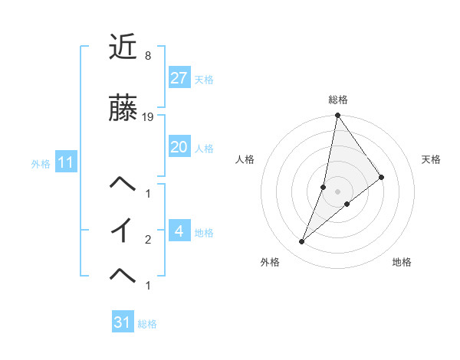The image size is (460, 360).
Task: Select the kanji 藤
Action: pos(123,108)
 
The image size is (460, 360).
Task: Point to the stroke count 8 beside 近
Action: pos(147,56)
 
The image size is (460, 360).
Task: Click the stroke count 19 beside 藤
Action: pos(148,117)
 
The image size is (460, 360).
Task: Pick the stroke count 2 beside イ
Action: pos(147,240)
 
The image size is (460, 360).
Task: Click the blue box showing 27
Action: pos(179,77)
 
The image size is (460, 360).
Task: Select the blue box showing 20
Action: pos(179,147)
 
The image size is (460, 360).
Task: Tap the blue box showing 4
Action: pos(179,231)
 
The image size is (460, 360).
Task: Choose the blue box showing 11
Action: pos(65,162)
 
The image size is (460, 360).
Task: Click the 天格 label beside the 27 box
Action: pos(204,79)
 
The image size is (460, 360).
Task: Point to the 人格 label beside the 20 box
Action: pos(204,149)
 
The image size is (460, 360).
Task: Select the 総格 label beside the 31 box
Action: pos(147,324)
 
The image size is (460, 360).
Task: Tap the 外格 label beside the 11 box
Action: pos(41,163)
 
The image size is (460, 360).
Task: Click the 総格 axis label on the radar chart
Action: pos(337,100)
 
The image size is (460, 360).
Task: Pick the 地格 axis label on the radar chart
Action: pos(402,262)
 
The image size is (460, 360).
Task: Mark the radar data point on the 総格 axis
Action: pos(337,116)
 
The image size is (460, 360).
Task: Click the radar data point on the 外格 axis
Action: pos(302,242)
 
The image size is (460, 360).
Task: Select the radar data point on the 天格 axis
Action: pos(381,177)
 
